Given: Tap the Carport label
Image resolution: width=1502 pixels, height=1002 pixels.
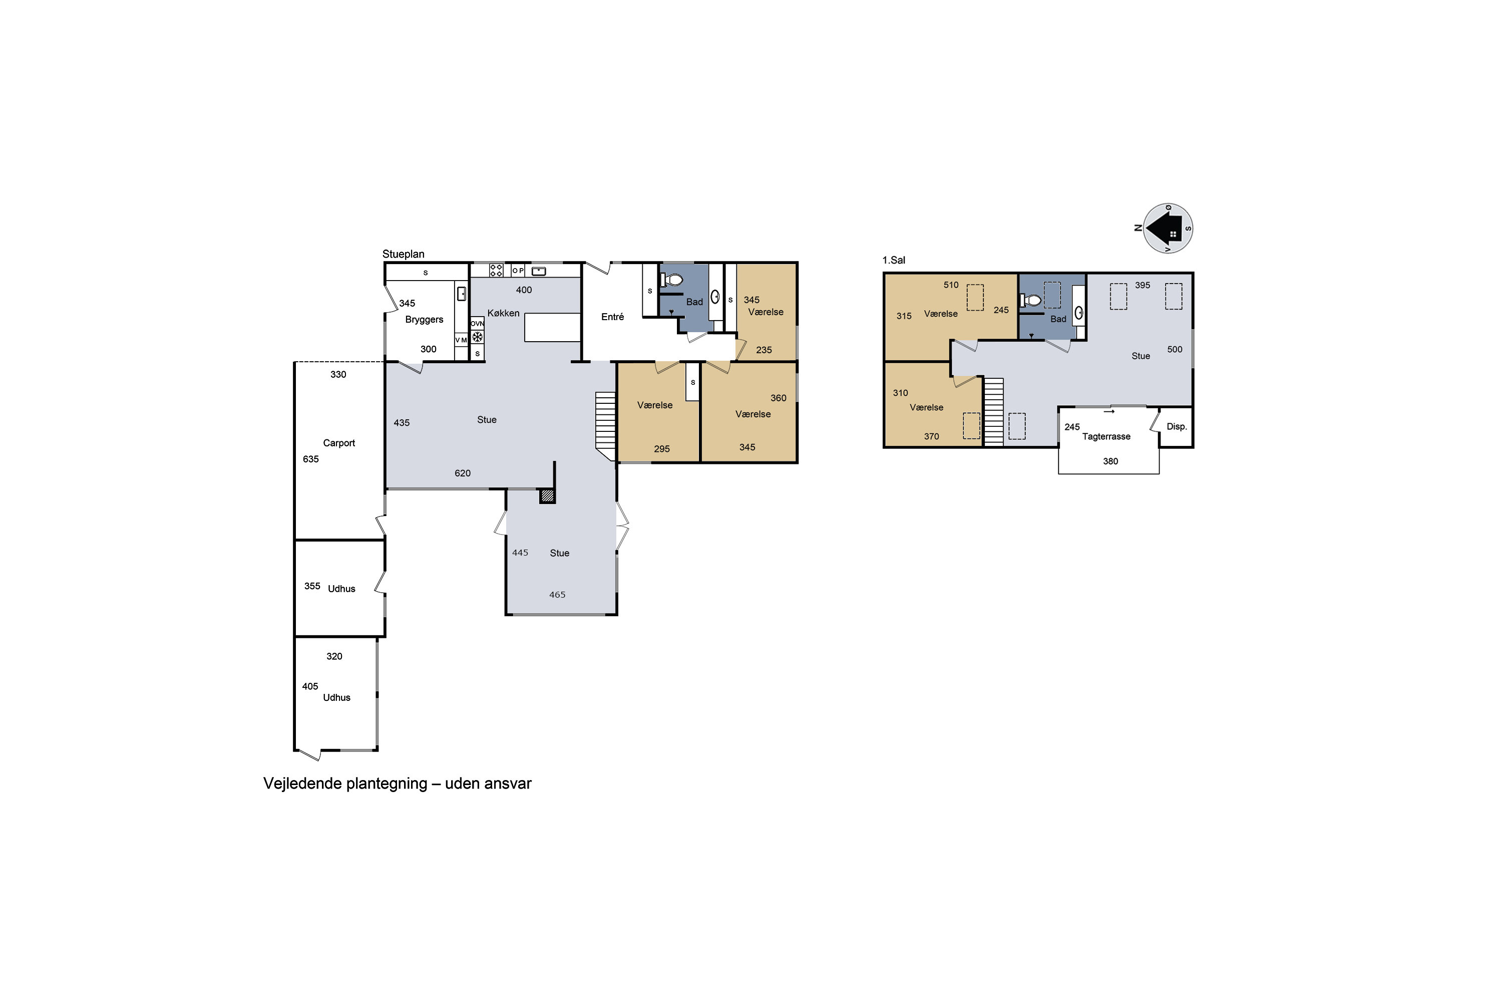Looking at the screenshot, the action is [x=338, y=443].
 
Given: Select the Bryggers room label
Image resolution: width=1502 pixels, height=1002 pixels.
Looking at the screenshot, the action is [x=424, y=320].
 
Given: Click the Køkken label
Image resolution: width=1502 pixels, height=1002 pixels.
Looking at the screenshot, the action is [x=503, y=313].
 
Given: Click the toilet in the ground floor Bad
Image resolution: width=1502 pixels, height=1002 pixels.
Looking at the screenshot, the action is [x=672, y=280].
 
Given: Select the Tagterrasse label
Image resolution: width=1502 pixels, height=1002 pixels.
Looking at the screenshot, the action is [x=1106, y=436].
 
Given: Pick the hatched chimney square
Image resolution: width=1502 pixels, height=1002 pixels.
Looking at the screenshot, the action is [x=547, y=496].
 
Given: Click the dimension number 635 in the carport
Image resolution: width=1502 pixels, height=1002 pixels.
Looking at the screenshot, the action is [x=310, y=459].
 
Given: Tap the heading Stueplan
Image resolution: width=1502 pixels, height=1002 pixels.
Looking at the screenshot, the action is [x=403, y=254].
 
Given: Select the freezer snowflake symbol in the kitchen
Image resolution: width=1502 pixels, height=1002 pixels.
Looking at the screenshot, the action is [x=477, y=337].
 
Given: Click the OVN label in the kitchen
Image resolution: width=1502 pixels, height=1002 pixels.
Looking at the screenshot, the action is [x=477, y=323].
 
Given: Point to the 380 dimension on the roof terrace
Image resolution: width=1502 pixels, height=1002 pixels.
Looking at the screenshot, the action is [x=1110, y=461].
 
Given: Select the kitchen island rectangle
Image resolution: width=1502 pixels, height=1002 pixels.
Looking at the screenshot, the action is [x=552, y=327].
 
